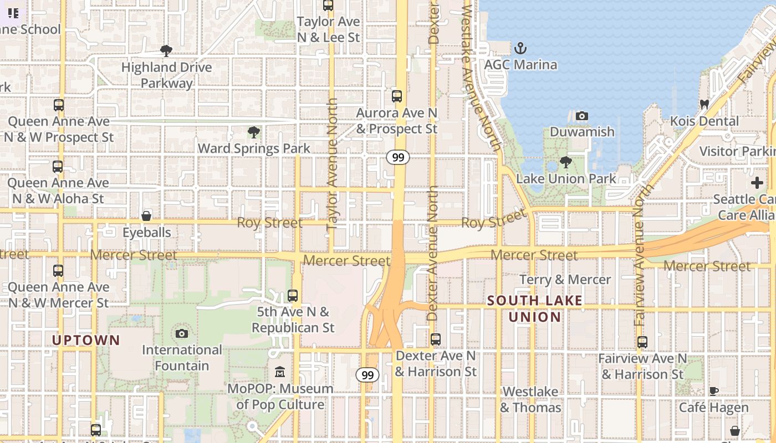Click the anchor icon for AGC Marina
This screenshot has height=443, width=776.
tap(520, 48)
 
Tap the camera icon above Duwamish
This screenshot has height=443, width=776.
tap(581, 116)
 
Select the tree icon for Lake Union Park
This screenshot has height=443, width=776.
tap(565, 162)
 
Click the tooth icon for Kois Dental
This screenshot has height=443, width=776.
tap(704, 104)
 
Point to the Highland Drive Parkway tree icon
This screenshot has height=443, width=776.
tap(166, 51)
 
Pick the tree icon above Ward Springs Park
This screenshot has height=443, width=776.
tap(254, 132)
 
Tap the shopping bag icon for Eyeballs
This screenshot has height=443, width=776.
tap(146, 215)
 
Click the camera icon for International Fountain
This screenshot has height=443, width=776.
tap(181, 333)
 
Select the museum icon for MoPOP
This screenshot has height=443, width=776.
tap(280, 372)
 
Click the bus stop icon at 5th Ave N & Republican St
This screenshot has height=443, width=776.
tap(293, 296)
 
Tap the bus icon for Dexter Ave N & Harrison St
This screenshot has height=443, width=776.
tap(436, 339)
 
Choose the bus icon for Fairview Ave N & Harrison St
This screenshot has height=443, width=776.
tap(642, 342)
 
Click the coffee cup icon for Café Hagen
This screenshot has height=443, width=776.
tap(714, 392)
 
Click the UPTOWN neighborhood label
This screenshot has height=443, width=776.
tap(86, 340)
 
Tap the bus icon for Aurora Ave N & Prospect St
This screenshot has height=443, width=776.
tap(397, 96)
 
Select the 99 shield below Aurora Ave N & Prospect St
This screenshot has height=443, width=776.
tap(398, 158)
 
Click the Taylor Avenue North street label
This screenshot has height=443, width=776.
tap(332, 164)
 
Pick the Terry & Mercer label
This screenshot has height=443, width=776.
tap(565, 280)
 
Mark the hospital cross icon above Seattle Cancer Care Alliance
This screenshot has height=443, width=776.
tap(757, 183)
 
